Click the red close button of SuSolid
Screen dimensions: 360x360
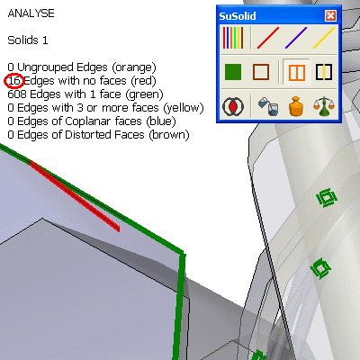[330, 15]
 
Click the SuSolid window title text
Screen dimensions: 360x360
[238, 16]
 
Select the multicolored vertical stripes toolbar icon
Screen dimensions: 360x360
[233, 38]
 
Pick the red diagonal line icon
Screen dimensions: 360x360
[268, 38]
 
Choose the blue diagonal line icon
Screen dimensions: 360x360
[296, 38]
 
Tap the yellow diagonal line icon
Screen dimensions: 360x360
[324, 38]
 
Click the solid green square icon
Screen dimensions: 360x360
[233, 72]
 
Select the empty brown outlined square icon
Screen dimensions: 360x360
[261, 72]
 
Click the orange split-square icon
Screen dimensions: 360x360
[297, 72]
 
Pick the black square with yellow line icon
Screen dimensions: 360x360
[324, 72]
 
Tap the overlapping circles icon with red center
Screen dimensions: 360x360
[233, 106]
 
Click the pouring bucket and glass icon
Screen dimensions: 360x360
[268, 106]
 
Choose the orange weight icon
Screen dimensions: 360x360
[296, 106]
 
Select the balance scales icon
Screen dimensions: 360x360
[324, 106]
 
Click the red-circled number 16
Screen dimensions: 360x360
[13, 81]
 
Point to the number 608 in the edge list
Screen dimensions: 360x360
[17, 94]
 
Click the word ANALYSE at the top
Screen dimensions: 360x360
[31, 13]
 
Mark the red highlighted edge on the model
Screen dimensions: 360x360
[75, 196]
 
